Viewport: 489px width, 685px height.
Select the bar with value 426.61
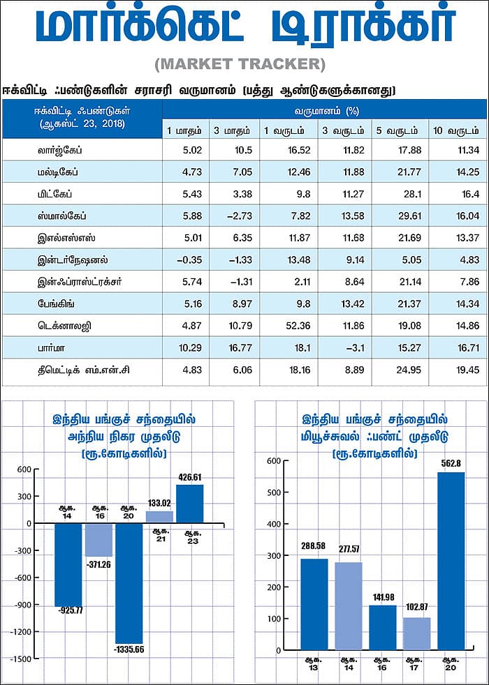click(x=189, y=504)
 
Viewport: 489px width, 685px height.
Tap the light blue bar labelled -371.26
click(x=98, y=539)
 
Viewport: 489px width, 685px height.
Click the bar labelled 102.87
click(x=417, y=633)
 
